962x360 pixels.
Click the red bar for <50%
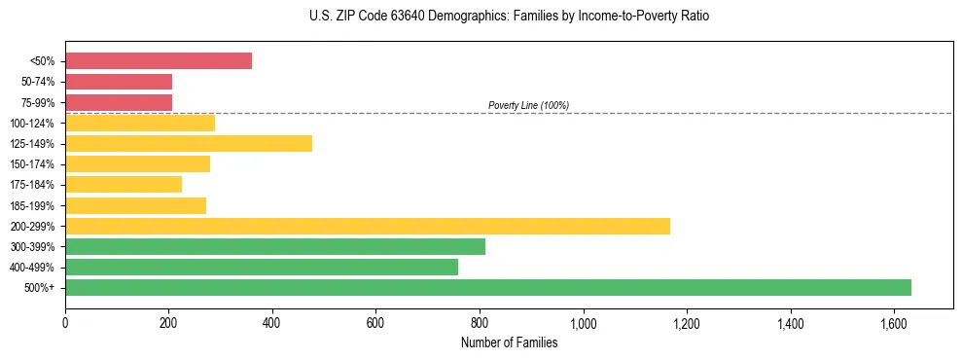pyautogui.click(x=159, y=61)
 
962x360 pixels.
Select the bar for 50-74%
pyautogui.click(x=119, y=82)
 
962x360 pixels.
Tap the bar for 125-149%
pyautogui.click(x=189, y=144)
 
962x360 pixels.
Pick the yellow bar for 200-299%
pyautogui.click(x=368, y=227)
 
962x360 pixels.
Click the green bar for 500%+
pyautogui.click(x=488, y=288)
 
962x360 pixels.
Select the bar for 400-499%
pyautogui.click(x=262, y=268)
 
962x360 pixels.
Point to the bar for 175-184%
pyautogui.click(x=124, y=185)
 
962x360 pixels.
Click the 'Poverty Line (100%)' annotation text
pyautogui.click(x=528, y=105)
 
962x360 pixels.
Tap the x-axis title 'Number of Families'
pyautogui.click(x=509, y=342)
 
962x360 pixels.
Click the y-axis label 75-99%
pyautogui.click(x=37, y=103)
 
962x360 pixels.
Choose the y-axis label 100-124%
pyautogui.click(x=33, y=124)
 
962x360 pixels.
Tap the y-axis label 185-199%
pyautogui.click(x=33, y=206)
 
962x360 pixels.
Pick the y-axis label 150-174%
pyautogui.click(x=33, y=164)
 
